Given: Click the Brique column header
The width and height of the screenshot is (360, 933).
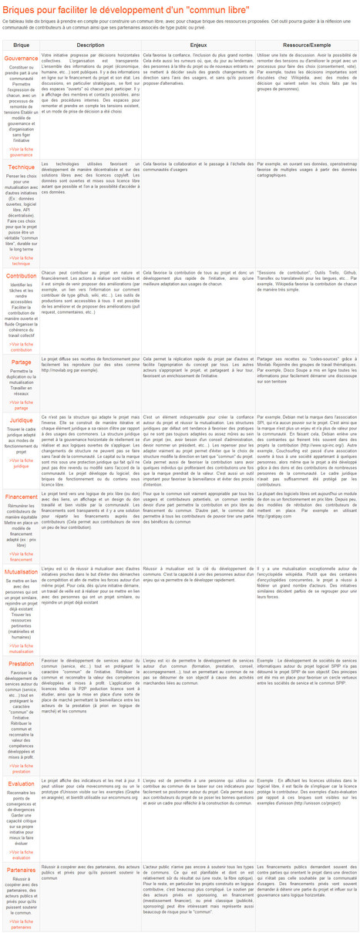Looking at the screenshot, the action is tap(22, 45).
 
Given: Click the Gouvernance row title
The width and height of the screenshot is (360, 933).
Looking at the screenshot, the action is tap(22, 59).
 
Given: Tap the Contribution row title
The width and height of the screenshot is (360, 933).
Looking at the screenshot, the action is tap(22, 275).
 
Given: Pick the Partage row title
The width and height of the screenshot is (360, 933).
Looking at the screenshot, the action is tap(22, 362).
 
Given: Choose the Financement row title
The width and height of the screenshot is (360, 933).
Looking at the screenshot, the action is tap(22, 497).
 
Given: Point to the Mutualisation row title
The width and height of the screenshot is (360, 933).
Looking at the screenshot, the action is tap(22, 572).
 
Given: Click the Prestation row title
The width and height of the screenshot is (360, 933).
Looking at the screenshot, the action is tap(22, 663).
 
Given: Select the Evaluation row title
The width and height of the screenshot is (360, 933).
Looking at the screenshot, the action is tap(22, 784).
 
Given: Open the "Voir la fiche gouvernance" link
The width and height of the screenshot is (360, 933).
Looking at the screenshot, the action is tap(22, 152).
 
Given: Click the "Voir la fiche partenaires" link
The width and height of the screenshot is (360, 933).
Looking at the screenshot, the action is tap(22, 923).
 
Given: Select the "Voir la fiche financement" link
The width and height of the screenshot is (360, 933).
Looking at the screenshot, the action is tap(22, 557).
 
